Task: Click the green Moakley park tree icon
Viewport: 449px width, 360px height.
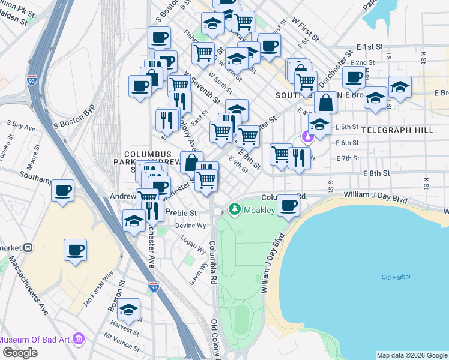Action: pyautogui.click(x=234, y=209)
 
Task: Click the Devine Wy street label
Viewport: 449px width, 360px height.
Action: pyautogui.click(x=190, y=226)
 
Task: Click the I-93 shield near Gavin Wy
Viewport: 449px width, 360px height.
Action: pyautogui.click(x=154, y=288)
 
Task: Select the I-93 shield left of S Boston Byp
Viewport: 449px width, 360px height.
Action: pyautogui.click(x=31, y=79)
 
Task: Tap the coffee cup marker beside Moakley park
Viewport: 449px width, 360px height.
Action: pyautogui.click(x=289, y=206)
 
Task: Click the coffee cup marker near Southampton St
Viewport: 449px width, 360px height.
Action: pyautogui.click(x=62, y=191)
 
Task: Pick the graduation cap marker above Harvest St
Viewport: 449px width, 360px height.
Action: pyautogui.click(x=128, y=310)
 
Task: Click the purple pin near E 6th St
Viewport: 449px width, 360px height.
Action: pyautogui.click(x=307, y=137)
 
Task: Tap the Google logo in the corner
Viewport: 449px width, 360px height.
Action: pyautogui.click(x=20, y=353)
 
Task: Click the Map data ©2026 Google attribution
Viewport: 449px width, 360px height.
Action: pyautogui.click(x=411, y=355)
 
